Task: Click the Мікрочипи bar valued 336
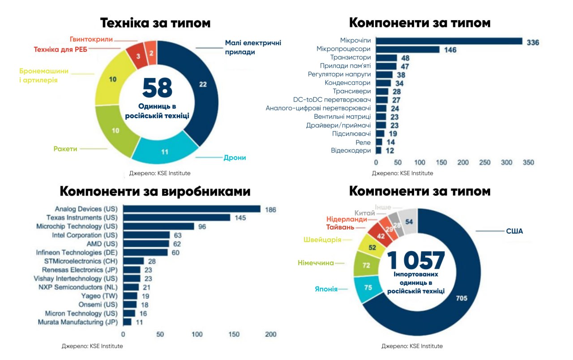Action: pyautogui.click(x=449, y=41)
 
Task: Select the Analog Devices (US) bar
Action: pyautogui.click(x=192, y=209)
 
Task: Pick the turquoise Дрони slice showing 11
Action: pyautogui.click(x=165, y=152)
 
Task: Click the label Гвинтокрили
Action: pyautogui.click(x=91, y=39)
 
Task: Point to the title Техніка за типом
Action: pyautogui.click(x=155, y=23)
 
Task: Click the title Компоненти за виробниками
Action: pyautogui.click(x=155, y=191)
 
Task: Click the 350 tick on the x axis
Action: pyautogui.click(x=528, y=163)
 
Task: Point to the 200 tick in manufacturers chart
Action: pyautogui.click(x=270, y=334)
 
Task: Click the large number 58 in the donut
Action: pyautogui.click(x=157, y=88)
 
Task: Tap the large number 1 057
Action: pyautogui.click(x=416, y=261)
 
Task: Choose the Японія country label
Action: pyautogui.click(x=326, y=289)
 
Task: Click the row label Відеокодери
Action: pyautogui.click(x=351, y=150)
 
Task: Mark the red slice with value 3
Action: pyautogui.click(x=138, y=56)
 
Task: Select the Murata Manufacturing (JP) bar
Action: pyautogui.click(x=127, y=322)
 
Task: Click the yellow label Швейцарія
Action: pyautogui.click(x=323, y=240)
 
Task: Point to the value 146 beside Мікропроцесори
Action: pyautogui.click(x=450, y=50)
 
